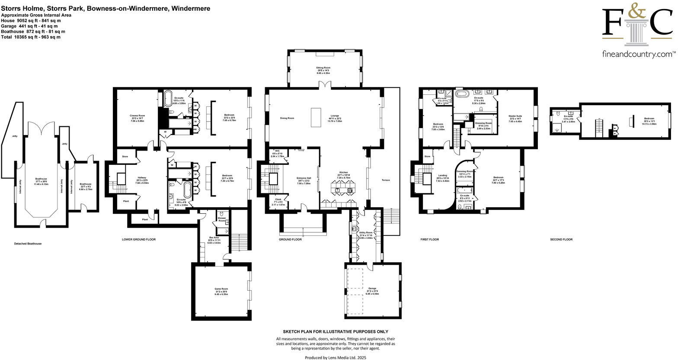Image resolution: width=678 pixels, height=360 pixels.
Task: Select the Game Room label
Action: click(x=221, y=289)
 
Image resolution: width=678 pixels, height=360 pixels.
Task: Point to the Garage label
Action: click(x=372, y=288)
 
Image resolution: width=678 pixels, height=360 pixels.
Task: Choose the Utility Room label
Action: click(x=366, y=233)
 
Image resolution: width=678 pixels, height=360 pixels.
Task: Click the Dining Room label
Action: click(x=287, y=118)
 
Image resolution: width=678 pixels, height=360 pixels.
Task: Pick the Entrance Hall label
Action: click(x=304, y=178)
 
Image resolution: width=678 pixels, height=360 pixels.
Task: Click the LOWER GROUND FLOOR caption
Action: click(x=139, y=239)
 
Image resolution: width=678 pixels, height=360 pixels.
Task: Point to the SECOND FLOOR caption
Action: click(x=561, y=239)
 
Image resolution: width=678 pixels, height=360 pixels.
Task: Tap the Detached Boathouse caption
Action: click(x=28, y=244)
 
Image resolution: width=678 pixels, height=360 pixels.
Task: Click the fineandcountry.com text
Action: click(x=639, y=54)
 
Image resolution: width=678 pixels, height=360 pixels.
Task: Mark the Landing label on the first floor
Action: click(x=442, y=175)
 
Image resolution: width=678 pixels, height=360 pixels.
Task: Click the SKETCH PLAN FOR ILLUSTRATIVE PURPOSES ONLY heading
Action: click(x=336, y=331)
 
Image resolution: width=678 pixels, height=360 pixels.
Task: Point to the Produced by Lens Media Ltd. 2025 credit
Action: click(x=336, y=358)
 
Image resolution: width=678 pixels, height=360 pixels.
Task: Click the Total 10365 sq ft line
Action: click(x=31, y=37)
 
